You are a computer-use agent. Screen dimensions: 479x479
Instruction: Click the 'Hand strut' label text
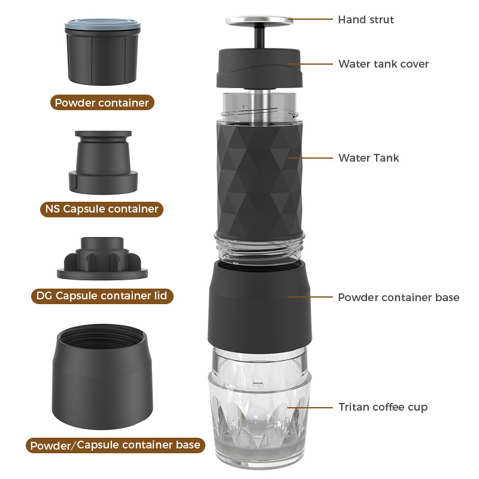[x=366, y=19]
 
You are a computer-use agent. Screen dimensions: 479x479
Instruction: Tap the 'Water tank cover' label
[x=383, y=63]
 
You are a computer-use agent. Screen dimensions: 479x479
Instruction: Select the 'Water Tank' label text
[x=368, y=158]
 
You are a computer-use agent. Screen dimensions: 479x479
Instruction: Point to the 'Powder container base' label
[x=399, y=297]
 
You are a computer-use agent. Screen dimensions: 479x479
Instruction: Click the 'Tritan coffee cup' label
[x=383, y=407]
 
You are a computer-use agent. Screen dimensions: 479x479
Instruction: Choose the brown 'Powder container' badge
[x=102, y=102]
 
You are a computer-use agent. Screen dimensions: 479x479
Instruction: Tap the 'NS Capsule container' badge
[x=102, y=209]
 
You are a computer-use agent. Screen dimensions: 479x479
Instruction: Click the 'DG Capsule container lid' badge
[x=102, y=295]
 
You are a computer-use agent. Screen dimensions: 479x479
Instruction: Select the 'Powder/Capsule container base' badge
[x=114, y=445]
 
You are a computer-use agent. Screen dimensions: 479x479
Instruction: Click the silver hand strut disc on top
[x=259, y=21]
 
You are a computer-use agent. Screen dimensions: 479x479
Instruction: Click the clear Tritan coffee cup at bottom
[x=259, y=419]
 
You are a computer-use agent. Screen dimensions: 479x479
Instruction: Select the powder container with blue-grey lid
[x=101, y=51]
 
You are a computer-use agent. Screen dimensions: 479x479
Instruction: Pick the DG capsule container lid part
[x=102, y=259]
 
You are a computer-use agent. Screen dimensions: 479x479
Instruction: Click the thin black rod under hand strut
[x=259, y=37]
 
